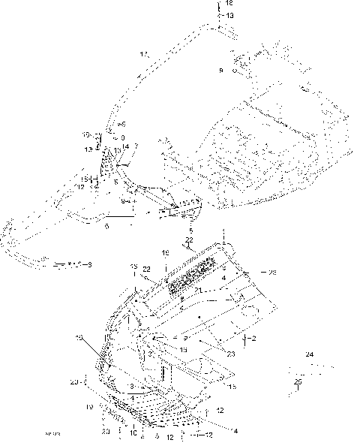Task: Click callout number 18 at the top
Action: coord(229,4)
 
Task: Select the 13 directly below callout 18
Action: coord(229,15)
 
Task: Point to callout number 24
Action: coord(309,353)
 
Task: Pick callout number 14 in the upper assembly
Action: coord(125,146)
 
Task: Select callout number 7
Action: coord(136,146)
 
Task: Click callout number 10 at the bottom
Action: coord(133,433)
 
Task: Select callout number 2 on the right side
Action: coord(254,339)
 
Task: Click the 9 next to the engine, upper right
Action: coord(221,70)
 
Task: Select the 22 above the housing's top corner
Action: coord(189,240)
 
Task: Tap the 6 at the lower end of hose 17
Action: coord(122,123)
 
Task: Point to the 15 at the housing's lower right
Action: coord(232,387)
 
